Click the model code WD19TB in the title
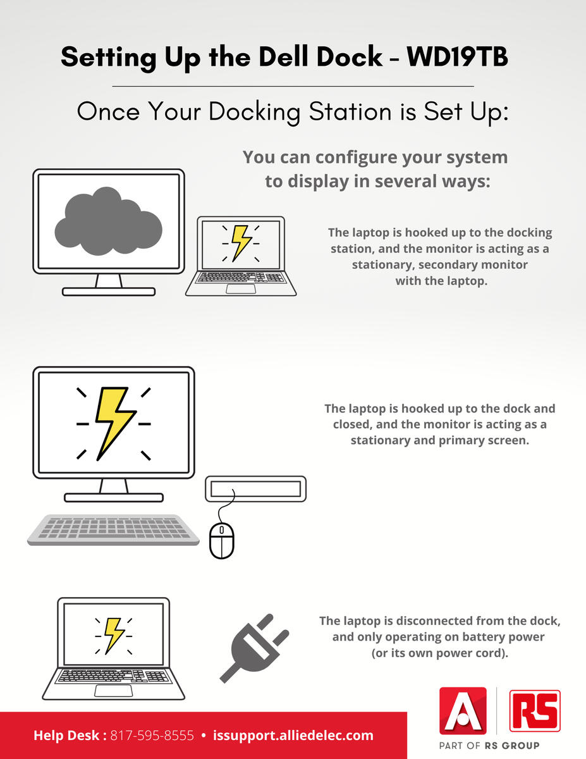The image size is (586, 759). coord(457,56)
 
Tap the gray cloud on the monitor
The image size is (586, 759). coord(108,221)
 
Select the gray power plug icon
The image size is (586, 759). coord(254,648)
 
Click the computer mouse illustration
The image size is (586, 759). coord(222,540)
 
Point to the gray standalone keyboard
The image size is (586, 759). coord(113,530)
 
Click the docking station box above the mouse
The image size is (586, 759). coord(255,489)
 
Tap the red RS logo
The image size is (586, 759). coord(535,711)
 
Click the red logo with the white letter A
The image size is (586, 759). coord(463,711)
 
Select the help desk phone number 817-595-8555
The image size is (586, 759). coord(152,735)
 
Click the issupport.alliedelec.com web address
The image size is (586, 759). coord(293,736)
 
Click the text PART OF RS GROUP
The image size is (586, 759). coord(489,746)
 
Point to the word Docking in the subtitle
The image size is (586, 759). coord(254,112)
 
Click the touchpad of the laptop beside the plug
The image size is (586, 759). coord(113,691)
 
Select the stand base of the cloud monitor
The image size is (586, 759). coord(109,292)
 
